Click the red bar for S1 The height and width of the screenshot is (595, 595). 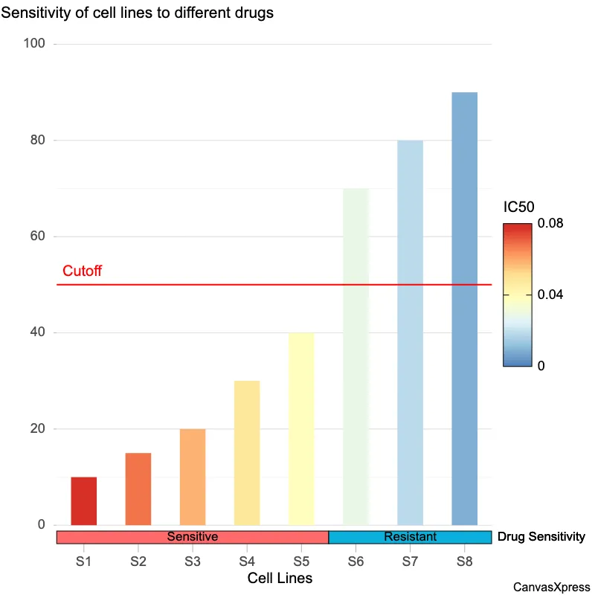point(84,501)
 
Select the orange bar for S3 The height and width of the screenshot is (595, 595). point(193,477)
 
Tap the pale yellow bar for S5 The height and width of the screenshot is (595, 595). point(301,428)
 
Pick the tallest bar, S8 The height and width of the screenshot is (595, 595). point(464,309)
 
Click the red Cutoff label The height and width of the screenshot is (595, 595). point(82,271)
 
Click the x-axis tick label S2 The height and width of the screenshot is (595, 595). point(138,562)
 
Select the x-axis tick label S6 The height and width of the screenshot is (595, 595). point(356,562)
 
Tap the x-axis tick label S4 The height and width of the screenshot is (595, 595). point(247,562)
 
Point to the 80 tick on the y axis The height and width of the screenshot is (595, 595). point(38,140)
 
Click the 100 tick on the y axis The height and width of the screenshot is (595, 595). point(35,44)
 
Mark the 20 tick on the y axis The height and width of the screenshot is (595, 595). point(38,429)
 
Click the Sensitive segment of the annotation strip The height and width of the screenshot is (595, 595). point(193,537)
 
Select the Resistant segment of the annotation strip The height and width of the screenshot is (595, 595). point(410,537)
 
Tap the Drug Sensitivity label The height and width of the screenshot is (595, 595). point(541,537)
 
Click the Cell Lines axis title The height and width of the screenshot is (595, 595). point(280,579)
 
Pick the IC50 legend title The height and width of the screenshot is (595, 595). point(519,207)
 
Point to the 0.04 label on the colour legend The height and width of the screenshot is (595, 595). point(551,295)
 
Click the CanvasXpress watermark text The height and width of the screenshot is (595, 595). point(551,587)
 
